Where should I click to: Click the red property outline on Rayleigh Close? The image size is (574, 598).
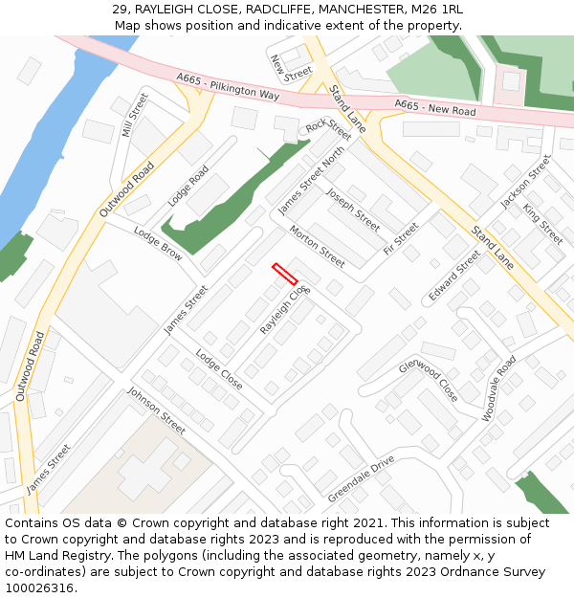click(x=284, y=275)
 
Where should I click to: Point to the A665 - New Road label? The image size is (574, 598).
click(x=434, y=108)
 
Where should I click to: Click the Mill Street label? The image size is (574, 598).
click(x=136, y=115)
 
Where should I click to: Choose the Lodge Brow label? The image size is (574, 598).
click(x=158, y=244)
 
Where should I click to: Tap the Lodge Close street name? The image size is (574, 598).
click(x=219, y=369)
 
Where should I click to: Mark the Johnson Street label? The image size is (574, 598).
click(x=156, y=410)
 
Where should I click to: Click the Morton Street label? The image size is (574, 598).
click(x=317, y=246)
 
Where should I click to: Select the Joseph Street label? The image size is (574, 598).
click(x=353, y=209)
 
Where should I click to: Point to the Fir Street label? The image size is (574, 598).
click(x=401, y=238)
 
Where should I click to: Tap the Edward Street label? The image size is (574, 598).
click(x=454, y=276)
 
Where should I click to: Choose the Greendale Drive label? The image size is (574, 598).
click(x=361, y=478)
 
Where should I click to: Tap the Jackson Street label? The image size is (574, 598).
click(x=526, y=182)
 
